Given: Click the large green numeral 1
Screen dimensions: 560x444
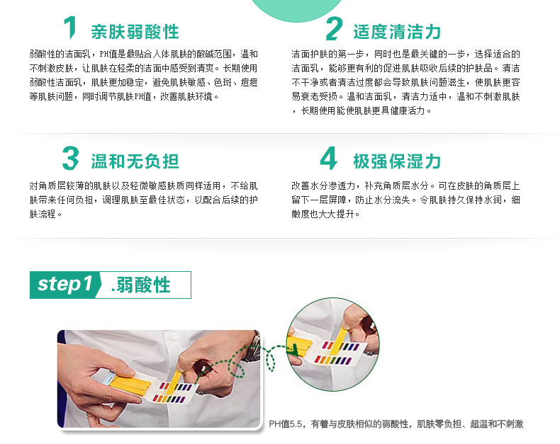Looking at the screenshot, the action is pyautogui.click(x=70, y=28).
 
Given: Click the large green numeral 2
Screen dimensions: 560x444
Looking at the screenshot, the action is pyautogui.click(x=334, y=28).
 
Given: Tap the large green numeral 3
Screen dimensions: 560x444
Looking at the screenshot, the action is pyautogui.click(x=70, y=158).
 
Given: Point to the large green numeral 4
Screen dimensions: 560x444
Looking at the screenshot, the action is pyautogui.click(x=329, y=158).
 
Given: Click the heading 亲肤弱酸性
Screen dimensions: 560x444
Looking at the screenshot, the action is pyautogui.click(x=135, y=32).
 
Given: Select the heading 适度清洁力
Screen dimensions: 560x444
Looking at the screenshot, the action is pyautogui.click(x=397, y=32).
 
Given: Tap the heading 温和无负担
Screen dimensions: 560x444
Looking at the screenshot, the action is pyautogui.click(x=135, y=161).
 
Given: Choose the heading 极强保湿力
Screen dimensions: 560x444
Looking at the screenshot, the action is pyautogui.click(x=397, y=161).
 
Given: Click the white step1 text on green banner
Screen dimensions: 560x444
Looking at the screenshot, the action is pyautogui.click(x=65, y=284).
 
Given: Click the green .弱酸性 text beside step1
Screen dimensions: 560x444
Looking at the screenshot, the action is pyautogui.click(x=141, y=285).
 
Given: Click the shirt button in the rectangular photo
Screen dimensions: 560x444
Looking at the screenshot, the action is pyautogui.click(x=174, y=336).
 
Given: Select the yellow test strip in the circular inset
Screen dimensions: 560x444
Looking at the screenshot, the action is pyautogui.click(x=340, y=338).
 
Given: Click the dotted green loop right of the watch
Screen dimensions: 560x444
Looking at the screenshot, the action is pyautogui.click(x=270, y=358).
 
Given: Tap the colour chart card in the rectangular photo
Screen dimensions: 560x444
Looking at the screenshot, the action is pyautogui.click(x=174, y=392).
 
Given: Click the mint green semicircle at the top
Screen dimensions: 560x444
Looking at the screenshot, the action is pyautogui.click(x=297, y=10).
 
